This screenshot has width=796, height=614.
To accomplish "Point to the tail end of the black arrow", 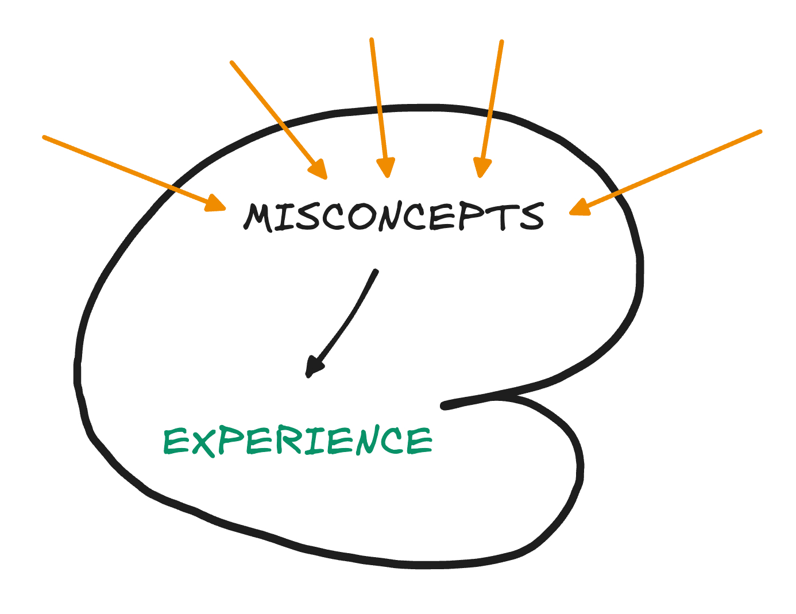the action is click(x=376, y=272).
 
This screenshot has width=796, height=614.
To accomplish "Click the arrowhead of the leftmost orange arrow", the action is click(x=216, y=204).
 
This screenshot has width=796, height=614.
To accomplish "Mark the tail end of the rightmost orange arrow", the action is click(x=760, y=132).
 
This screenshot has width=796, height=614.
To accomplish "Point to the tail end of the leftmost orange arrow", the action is click(x=44, y=137).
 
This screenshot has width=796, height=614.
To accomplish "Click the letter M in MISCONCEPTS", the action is click(x=258, y=217).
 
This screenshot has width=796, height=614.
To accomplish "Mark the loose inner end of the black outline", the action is click(x=444, y=406).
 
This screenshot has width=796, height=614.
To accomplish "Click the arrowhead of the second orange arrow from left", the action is click(x=319, y=170).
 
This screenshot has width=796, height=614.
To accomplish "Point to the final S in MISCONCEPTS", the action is click(x=532, y=216).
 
